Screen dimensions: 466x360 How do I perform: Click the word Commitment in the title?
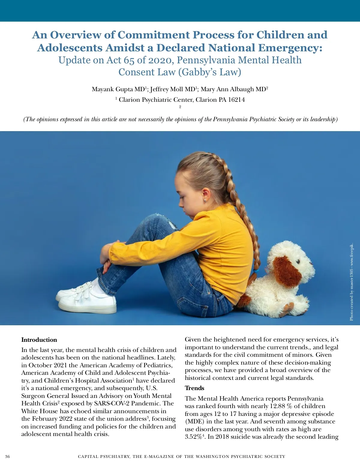[x=153, y=35]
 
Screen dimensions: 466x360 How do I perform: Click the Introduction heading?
[x=39, y=340]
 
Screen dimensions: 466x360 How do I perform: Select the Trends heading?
[x=194, y=388]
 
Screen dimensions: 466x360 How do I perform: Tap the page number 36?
[x=7, y=456]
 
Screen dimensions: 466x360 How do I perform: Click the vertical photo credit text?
[x=351, y=282]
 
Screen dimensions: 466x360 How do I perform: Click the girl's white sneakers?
[x=87, y=299]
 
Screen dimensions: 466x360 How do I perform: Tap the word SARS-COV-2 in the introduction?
[x=112, y=403]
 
